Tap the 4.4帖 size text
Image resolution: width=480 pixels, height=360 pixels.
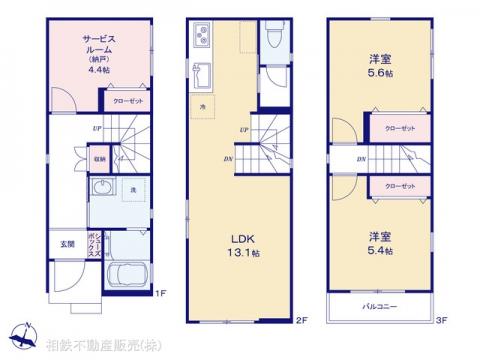click(x=86, y=69)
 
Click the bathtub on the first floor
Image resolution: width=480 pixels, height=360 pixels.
click(x=126, y=276)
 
